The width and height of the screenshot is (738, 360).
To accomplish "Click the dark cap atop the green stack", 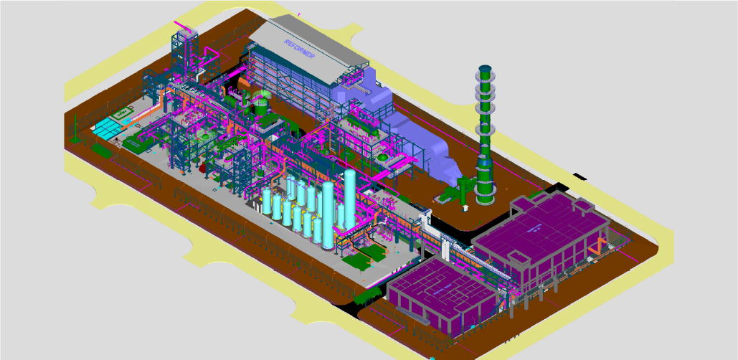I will click(x=485, y=70).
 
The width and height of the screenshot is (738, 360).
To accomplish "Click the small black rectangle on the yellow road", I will click(x=580, y=174).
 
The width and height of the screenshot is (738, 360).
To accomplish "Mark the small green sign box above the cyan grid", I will click(x=122, y=113).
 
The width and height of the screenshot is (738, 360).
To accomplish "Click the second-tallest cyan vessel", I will click(x=328, y=214).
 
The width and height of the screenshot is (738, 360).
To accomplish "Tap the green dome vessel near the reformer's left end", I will click(x=261, y=95).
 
